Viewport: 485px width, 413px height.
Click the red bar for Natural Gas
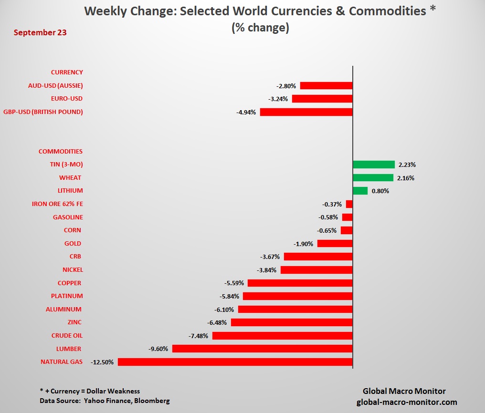[x=235, y=362]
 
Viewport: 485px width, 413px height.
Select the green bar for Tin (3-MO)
[x=373, y=165]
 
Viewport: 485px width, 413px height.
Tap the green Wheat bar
[x=373, y=178]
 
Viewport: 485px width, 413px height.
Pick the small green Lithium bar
[x=360, y=191]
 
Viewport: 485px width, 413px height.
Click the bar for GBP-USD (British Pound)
[x=306, y=112]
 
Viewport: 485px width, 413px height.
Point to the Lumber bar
[x=262, y=349]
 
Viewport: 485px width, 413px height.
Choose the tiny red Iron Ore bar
[x=349, y=204]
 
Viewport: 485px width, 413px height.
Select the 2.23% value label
[x=407, y=165]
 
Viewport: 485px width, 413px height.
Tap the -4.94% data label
[x=246, y=112]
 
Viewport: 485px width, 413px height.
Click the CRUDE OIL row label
[x=67, y=336]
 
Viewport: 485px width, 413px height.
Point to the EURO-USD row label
[x=66, y=99]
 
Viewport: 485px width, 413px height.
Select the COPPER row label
[x=70, y=283]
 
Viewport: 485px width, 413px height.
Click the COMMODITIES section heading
[x=61, y=152]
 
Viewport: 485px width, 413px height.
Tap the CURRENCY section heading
[x=67, y=72]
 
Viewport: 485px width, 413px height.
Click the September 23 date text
[x=40, y=33]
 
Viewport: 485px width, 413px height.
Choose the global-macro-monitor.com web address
[x=407, y=402]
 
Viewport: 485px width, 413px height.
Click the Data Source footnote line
[x=105, y=401]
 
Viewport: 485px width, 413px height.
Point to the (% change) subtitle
[x=260, y=28]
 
